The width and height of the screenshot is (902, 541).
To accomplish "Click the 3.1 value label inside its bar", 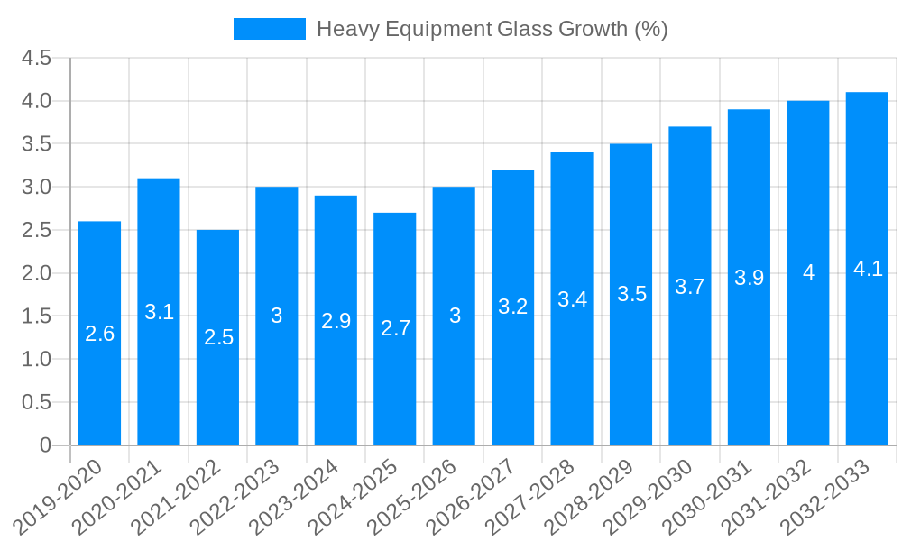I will tap(159, 312).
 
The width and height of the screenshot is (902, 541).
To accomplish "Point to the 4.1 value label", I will tap(867, 269).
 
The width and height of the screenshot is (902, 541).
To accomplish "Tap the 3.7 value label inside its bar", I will tap(690, 287).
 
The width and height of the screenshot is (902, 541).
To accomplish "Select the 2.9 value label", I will tap(336, 321).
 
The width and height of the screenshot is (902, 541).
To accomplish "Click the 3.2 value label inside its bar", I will tap(512, 307).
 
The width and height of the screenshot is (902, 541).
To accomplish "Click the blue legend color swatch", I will tap(269, 29).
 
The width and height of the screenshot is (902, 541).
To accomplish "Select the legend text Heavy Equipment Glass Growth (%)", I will tap(492, 29).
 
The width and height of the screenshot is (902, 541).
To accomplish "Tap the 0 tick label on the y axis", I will tap(46, 445).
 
